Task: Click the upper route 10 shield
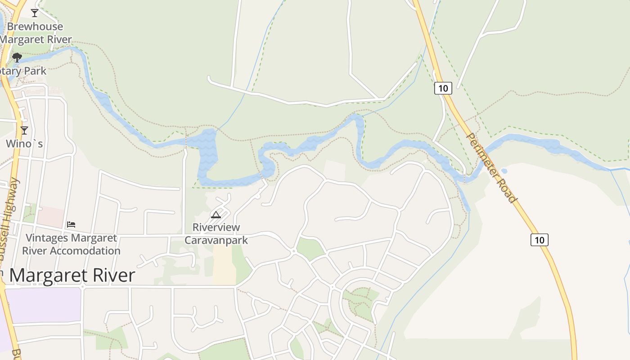click(x=443, y=88)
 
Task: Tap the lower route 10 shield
click(x=540, y=240)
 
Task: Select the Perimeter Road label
click(x=491, y=167)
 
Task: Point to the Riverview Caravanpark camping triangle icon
click(x=216, y=215)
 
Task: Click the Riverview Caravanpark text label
click(x=216, y=234)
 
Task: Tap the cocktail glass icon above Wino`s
click(x=24, y=130)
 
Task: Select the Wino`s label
click(x=24, y=144)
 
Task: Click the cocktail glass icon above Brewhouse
click(x=35, y=13)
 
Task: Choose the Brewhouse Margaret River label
click(x=35, y=33)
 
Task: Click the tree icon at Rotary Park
click(x=17, y=58)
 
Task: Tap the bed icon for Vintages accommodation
click(x=71, y=224)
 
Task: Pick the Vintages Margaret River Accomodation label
click(x=71, y=244)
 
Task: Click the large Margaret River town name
click(x=72, y=275)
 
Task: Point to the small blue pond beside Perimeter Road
click(x=504, y=171)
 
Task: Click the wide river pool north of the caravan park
click(x=208, y=155)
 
